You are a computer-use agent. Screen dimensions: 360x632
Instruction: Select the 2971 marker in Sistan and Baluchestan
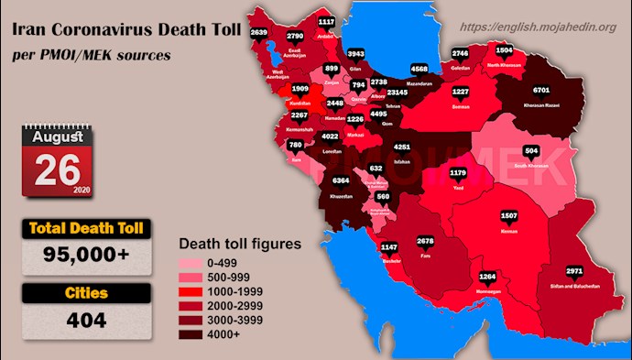575,271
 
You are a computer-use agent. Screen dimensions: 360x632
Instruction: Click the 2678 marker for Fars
424,241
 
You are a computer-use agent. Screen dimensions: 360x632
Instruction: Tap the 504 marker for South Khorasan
531,150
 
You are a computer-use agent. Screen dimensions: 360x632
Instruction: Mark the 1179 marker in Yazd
458,172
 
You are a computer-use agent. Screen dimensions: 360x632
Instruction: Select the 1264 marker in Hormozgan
487,275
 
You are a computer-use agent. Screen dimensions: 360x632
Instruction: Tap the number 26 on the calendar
59,169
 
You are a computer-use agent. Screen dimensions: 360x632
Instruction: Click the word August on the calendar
59,136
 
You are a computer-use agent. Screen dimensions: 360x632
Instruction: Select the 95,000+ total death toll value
88,256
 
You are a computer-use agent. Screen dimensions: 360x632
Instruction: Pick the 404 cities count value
87,321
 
